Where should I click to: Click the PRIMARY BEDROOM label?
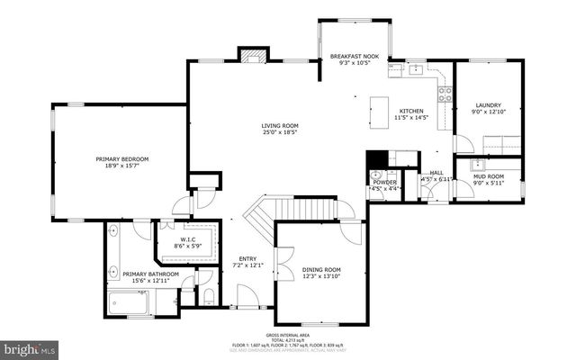(x=122, y=159)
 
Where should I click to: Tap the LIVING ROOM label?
(x=280, y=126)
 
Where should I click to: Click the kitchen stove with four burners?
(x=443, y=87)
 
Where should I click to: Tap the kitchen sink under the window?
(x=417, y=68)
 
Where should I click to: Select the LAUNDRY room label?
(x=488, y=105)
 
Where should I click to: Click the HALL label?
(x=436, y=173)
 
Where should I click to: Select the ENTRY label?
(x=247, y=259)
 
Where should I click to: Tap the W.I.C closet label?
(x=188, y=239)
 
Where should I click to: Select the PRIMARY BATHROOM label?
(x=150, y=274)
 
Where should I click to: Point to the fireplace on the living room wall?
(x=249, y=55)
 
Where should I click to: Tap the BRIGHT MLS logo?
(x=30, y=346)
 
